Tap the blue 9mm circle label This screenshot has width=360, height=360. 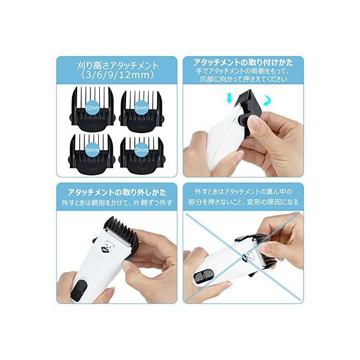pos(141,107)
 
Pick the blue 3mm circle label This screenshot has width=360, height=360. pos(141,150)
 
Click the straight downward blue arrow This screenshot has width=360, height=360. pos(229,99)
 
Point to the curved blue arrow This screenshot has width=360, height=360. pos(267,100)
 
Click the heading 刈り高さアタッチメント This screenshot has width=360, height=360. pos(118,66)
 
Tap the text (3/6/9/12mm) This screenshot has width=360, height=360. pos(118,75)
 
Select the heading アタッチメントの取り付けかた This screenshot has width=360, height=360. pos(243,62)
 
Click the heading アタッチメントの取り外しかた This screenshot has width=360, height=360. pos(117,192)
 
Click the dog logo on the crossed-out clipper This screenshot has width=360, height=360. pos(249,256)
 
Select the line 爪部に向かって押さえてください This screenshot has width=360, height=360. pos(243,79)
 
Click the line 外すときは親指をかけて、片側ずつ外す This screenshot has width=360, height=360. pos(117,203)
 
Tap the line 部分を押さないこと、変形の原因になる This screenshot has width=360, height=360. pos(243,202)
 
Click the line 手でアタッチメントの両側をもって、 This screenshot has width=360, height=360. pos(243,71)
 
